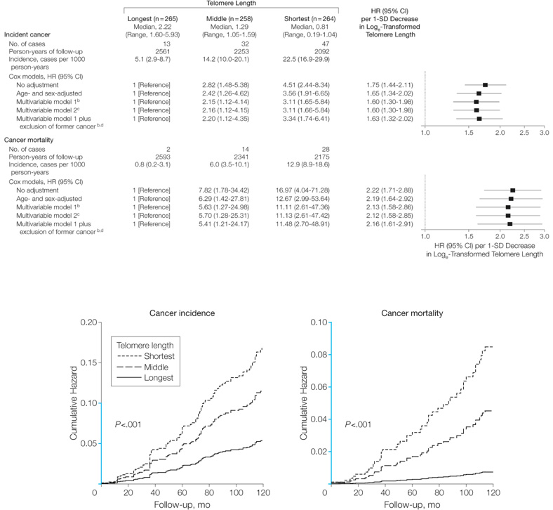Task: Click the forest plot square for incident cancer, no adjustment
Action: [485, 84]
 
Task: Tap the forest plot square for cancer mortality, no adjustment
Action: [513, 190]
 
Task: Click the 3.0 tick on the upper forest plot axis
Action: [543, 132]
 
